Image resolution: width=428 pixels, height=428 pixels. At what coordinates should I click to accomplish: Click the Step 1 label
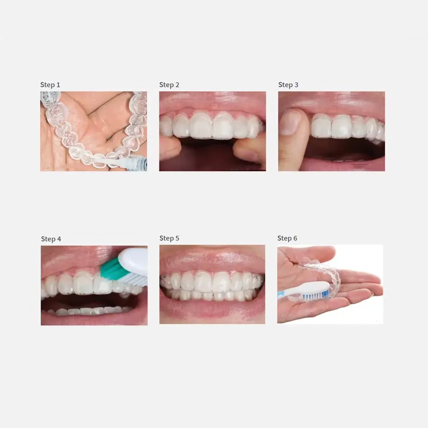pyautogui.click(x=50, y=85)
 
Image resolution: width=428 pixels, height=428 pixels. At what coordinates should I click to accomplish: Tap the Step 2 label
pyautogui.click(x=169, y=85)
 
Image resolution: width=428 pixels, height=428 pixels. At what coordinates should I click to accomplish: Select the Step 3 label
pyautogui.click(x=288, y=85)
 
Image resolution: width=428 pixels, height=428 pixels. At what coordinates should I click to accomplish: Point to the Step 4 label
pyautogui.click(x=51, y=239)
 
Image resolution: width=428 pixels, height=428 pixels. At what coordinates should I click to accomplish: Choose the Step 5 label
pyautogui.click(x=169, y=238)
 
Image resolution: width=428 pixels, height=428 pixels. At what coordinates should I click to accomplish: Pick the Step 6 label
pyautogui.click(x=287, y=238)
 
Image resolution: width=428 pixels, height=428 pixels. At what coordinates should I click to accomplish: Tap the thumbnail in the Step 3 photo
pyautogui.click(x=290, y=122)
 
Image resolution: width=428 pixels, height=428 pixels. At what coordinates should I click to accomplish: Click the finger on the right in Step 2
pyautogui.click(x=250, y=149)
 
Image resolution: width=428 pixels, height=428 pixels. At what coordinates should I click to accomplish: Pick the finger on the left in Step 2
pyautogui.click(x=169, y=148)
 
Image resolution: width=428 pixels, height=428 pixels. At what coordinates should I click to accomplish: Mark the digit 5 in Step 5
pyautogui.click(x=177, y=238)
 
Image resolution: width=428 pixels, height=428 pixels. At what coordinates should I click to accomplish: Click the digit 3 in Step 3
pyautogui.click(x=297, y=85)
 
